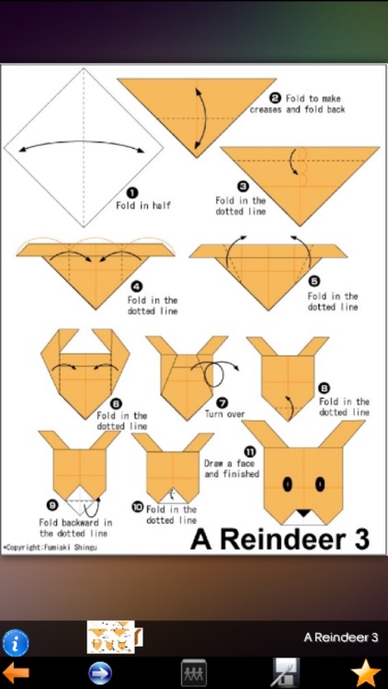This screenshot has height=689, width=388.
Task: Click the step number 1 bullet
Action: point(131,192)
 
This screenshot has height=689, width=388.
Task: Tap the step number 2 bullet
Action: point(274,97)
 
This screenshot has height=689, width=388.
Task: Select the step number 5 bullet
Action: point(314,282)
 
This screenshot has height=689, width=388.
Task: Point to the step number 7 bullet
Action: point(223,401)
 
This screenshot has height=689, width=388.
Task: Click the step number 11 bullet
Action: point(249,451)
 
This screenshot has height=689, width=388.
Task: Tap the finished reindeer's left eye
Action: point(286,482)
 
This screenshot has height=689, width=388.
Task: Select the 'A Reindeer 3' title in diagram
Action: point(280,539)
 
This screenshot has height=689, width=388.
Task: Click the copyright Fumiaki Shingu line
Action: point(50,547)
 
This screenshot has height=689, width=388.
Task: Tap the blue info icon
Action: point(16,642)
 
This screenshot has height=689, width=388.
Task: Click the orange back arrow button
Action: point(16,672)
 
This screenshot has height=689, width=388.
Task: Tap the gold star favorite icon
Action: point(365,672)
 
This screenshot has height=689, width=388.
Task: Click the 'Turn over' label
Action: point(225,414)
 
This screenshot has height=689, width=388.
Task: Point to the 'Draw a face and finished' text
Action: point(232,469)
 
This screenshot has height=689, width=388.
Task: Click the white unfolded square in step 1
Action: point(84,147)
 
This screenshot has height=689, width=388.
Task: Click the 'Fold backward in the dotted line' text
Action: point(74,527)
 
